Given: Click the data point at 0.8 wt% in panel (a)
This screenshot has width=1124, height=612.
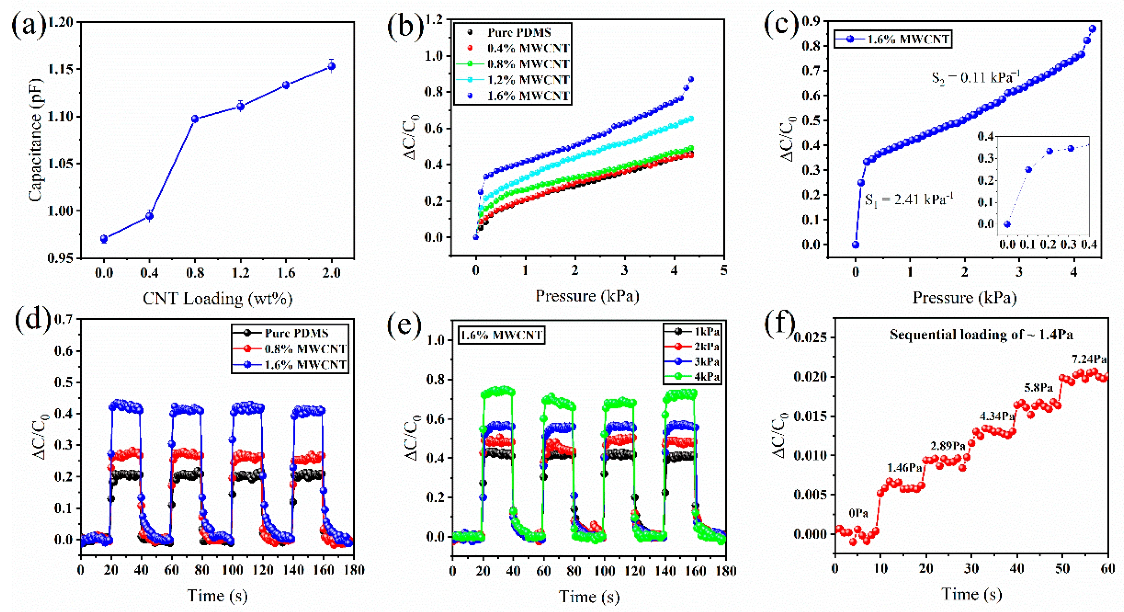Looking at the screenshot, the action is (195, 119).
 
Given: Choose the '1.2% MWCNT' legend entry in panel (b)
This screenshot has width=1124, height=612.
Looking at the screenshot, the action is (513, 80).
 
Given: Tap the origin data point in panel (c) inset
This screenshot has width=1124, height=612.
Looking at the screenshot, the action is (1007, 224).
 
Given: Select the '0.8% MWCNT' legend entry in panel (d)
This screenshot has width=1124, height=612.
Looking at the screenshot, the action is (290, 349).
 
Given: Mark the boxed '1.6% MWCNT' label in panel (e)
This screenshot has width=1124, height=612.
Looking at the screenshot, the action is (501, 335).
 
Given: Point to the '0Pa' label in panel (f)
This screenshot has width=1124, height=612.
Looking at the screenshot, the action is (858, 513).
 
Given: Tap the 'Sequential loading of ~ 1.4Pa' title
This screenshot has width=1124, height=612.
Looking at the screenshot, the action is (981, 335).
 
